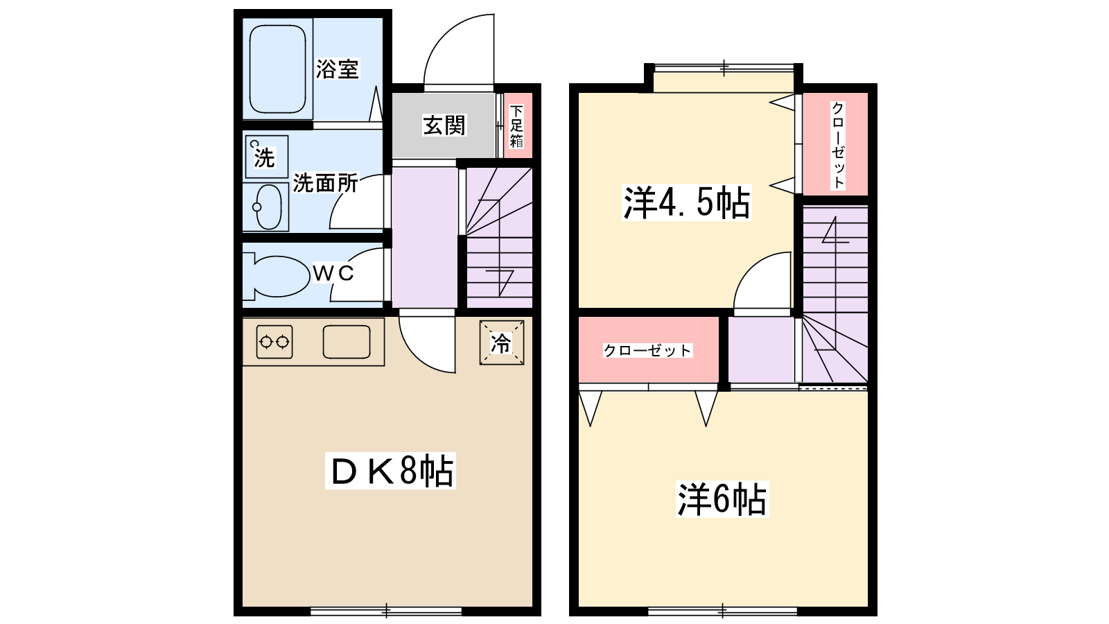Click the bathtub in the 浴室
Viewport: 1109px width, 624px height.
pos(277,69)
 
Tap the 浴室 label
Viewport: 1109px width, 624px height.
pos(338,69)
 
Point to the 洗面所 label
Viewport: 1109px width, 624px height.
pos(325,184)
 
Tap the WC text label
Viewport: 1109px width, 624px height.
pos(333,273)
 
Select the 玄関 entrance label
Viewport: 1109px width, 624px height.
pos(444,125)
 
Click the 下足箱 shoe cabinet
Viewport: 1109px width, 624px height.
pos(516,126)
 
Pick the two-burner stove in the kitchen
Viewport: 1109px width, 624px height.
pos(274,341)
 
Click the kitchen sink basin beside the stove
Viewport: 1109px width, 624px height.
pos(347,341)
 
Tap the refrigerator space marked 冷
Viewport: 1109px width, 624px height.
pos(501,343)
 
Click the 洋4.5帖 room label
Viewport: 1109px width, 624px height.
pos(686,203)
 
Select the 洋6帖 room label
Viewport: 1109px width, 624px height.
pos(722,499)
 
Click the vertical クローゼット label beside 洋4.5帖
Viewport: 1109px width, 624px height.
pos(838,144)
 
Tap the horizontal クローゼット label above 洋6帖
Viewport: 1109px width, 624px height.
pos(647,351)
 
